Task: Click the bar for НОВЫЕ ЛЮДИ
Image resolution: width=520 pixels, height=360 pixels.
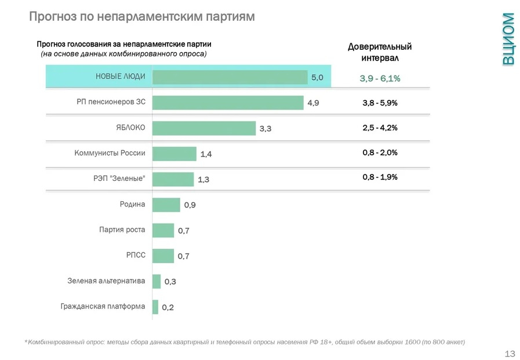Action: click(x=230, y=77)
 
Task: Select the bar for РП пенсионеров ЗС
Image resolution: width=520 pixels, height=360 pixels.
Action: click(x=228, y=103)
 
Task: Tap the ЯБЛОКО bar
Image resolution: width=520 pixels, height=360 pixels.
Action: click(x=204, y=128)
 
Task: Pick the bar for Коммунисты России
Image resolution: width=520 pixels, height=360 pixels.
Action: click(x=174, y=154)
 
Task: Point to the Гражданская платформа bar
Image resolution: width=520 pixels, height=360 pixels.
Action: click(x=155, y=307)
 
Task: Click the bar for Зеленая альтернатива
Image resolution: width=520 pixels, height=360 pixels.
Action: click(x=157, y=281)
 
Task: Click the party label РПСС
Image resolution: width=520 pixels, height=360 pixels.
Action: click(x=136, y=254)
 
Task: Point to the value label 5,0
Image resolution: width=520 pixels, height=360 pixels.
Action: click(x=317, y=78)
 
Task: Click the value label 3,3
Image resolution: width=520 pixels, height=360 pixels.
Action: click(x=266, y=129)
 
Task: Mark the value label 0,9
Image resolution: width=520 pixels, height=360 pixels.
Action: click(x=190, y=205)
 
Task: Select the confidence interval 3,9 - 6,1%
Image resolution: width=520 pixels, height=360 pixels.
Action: click(x=380, y=78)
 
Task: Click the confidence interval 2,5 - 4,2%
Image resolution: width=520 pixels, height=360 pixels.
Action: click(x=380, y=128)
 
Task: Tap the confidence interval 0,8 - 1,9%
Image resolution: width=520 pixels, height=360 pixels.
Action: click(x=380, y=177)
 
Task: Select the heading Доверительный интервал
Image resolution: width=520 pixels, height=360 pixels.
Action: click(x=380, y=52)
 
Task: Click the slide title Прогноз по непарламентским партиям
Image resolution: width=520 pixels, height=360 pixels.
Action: click(x=142, y=17)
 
